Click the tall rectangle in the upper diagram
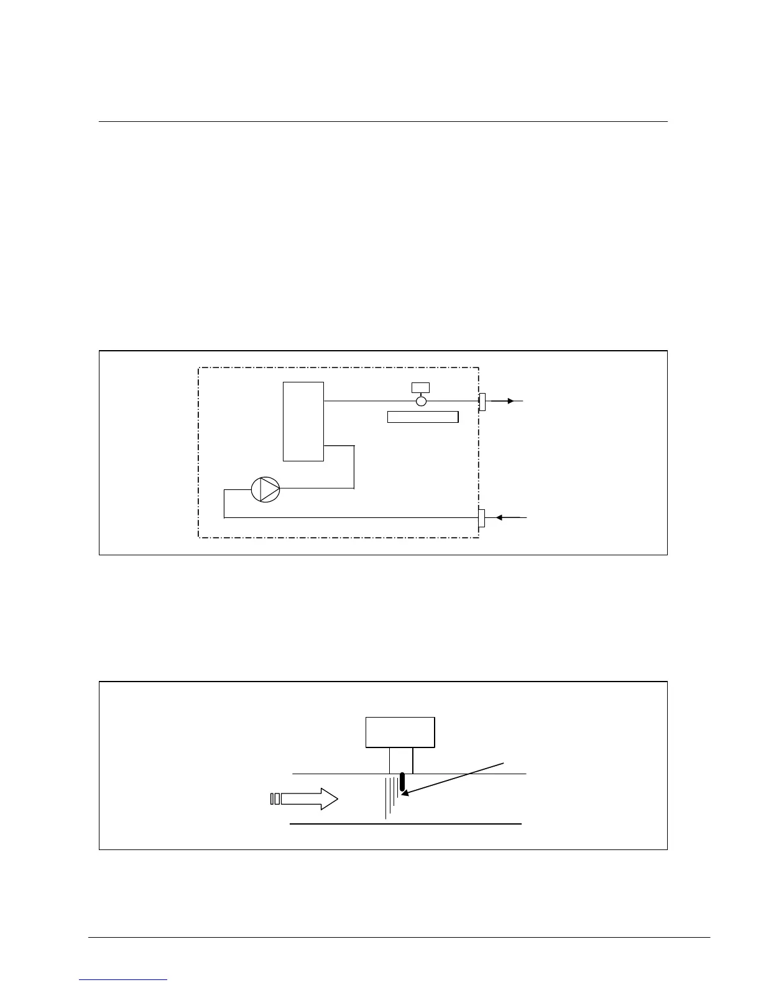click(x=303, y=422)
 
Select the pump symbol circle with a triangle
click(x=265, y=489)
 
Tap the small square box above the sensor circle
click(x=420, y=387)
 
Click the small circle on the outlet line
click(x=421, y=401)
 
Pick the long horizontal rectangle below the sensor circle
click(x=423, y=417)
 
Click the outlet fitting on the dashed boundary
click(x=482, y=402)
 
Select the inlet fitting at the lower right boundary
click(x=481, y=517)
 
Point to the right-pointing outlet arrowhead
click(x=510, y=401)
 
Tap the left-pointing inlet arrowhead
click(x=499, y=517)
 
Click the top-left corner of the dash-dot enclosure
click(x=199, y=368)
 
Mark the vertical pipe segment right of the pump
click(x=354, y=466)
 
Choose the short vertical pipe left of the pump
click(x=224, y=503)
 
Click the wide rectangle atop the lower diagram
click(x=400, y=732)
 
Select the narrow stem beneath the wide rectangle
click(x=401, y=761)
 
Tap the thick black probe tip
click(x=402, y=782)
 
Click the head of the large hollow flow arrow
click(x=329, y=798)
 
